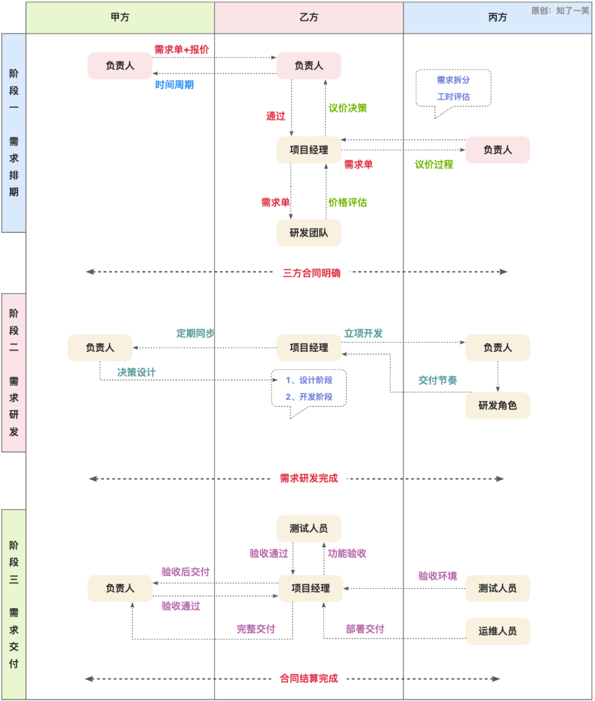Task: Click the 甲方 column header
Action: pos(120,18)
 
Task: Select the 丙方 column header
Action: pos(497,18)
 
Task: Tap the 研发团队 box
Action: pos(309,233)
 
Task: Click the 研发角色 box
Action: pos(497,405)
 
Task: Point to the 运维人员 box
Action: pos(497,631)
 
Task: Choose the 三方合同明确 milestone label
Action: pos(312,273)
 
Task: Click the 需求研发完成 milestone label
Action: pos(309,478)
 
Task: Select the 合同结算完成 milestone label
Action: pos(309,678)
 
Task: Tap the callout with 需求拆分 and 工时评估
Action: pos(453,88)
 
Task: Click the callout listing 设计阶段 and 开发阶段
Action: pos(309,388)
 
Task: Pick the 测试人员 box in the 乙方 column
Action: pos(309,528)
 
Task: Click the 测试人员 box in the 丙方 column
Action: pos(497,588)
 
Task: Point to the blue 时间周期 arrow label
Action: pos(174,85)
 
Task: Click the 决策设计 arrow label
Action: pos(137,372)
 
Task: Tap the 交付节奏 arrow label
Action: pos(437,380)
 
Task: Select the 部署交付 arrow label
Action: pos(365,629)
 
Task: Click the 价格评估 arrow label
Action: pos(348,202)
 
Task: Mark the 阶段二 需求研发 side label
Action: pos(14,372)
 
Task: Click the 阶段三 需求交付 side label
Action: pos(14,604)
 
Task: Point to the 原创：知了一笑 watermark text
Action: pos(560,10)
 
